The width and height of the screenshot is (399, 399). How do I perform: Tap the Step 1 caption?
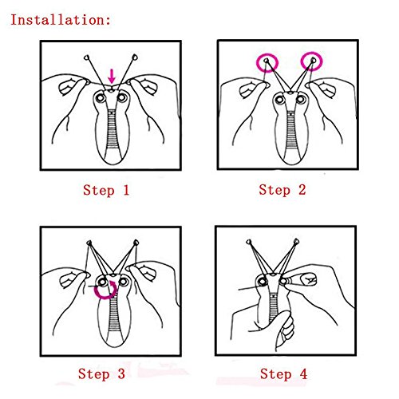[106, 191]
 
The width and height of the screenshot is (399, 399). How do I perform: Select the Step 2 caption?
[282, 190]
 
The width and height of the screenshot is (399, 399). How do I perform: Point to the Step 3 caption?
[101, 374]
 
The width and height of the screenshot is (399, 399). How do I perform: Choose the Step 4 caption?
[283, 374]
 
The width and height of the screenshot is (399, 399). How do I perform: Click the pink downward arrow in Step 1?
[112, 76]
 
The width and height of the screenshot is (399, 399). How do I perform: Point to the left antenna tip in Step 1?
[86, 57]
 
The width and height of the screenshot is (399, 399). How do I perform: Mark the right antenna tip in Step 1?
[135, 57]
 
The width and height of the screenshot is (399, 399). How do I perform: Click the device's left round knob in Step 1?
[101, 98]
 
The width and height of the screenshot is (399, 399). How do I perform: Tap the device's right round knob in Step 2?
[301, 100]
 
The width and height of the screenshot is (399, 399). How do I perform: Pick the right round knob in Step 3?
[123, 282]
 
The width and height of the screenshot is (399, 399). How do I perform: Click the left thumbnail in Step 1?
[66, 87]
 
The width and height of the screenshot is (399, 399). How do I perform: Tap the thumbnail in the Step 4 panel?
[308, 279]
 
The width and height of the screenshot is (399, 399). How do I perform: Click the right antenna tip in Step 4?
[296, 242]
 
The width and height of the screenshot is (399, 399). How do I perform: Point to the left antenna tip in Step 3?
[89, 243]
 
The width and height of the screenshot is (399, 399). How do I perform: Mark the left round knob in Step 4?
[263, 282]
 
